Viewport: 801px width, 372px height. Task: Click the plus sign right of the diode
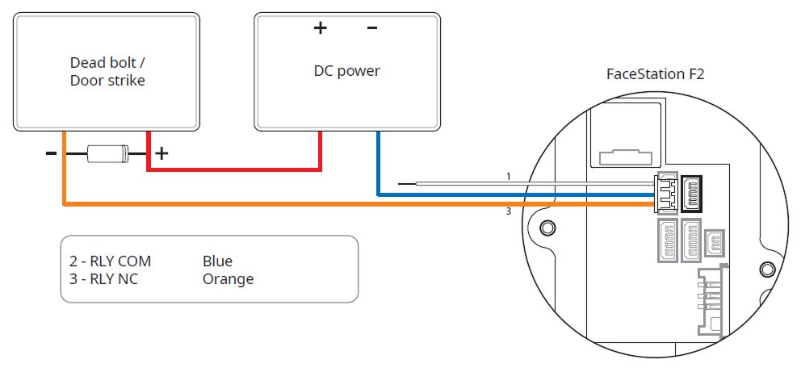click(161, 153)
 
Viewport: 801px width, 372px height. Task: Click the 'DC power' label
click(346, 71)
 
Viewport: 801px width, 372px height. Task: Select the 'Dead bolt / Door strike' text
click(107, 71)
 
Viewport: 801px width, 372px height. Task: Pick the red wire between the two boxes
click(234, 169)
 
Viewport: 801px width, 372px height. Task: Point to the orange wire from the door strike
click(323, 204)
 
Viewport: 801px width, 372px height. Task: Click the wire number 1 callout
click(509, 176)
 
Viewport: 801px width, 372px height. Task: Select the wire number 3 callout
click(509, 212)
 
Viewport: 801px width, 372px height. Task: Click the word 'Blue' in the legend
click(217, 261)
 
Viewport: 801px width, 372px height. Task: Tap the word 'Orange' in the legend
click(228, 279)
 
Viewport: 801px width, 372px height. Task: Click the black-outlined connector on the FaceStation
click(693, 191)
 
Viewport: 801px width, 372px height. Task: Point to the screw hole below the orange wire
click(547, 228)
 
